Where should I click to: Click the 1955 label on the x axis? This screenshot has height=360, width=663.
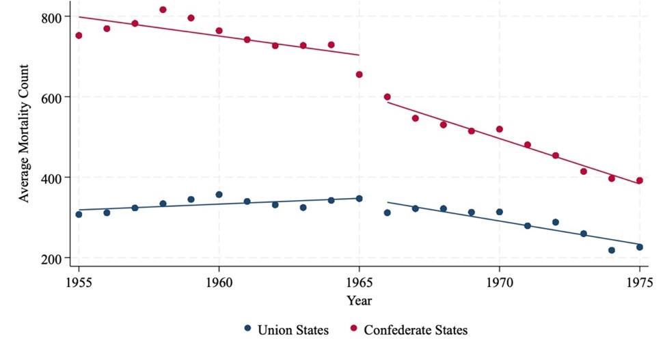[79, 281]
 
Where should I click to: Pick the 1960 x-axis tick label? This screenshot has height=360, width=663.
[219, 281]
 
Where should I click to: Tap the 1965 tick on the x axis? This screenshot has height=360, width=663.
[359, 281]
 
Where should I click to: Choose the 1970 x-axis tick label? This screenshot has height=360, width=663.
[499, 281]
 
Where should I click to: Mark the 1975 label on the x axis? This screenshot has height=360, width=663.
[639, 281]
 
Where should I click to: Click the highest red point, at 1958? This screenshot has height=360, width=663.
[163, 10]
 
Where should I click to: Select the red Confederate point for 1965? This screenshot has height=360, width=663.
[359, 74]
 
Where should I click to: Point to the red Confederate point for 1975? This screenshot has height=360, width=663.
[639, 181]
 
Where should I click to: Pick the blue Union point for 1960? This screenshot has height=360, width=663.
[219, 195]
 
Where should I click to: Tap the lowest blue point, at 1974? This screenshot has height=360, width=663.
[611, 250]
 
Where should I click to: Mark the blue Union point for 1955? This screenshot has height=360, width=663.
[79, 214]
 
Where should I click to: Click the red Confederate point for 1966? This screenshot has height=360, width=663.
[387, 97]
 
